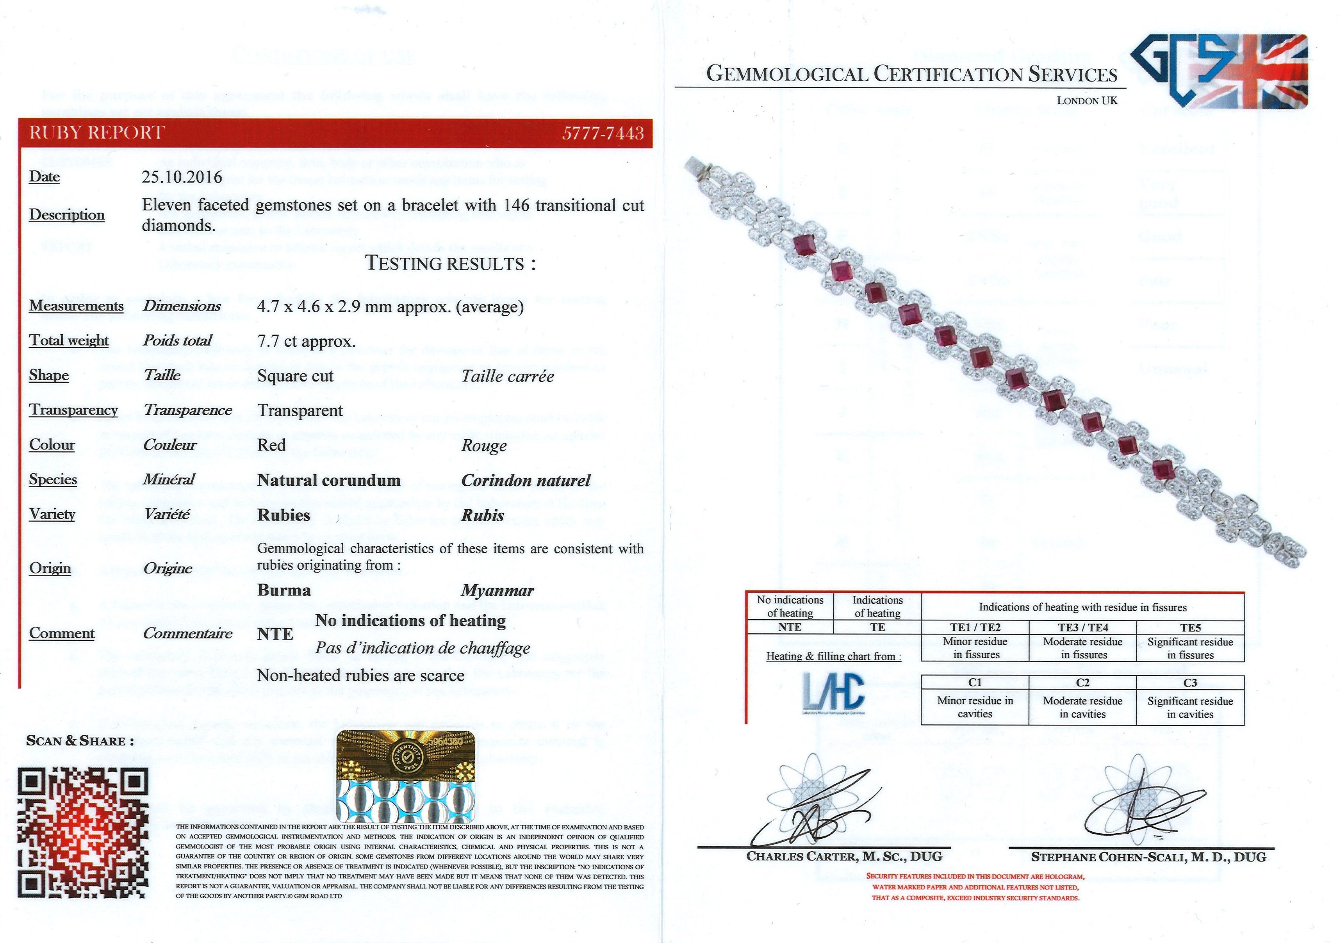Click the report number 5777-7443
(603, 134)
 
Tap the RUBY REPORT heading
(97, 133)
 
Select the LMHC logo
(833, 692)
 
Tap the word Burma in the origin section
(284, 590)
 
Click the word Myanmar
(497, 590)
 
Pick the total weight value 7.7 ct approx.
(306, 341)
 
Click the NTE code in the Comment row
(275, 634)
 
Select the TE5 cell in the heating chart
(1190, 627)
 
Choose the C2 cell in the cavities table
(1082, 682)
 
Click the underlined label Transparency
(73, 410)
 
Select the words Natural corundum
(329, 481)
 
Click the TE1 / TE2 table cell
(975, 627)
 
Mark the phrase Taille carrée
(507, 376)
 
